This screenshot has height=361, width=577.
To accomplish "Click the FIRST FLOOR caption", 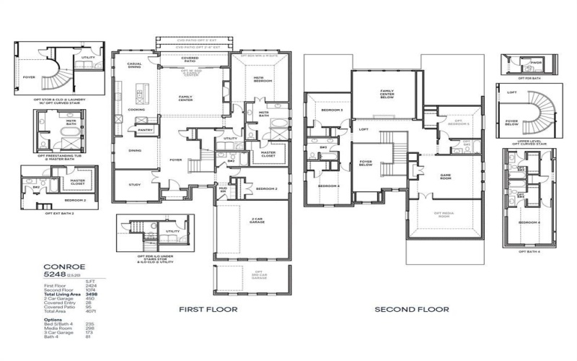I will [204, 309].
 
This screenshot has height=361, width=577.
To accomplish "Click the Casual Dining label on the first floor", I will [134, 65].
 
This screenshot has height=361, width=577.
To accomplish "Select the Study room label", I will [135, 184].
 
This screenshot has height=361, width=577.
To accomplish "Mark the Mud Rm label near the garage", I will [224, 189].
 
